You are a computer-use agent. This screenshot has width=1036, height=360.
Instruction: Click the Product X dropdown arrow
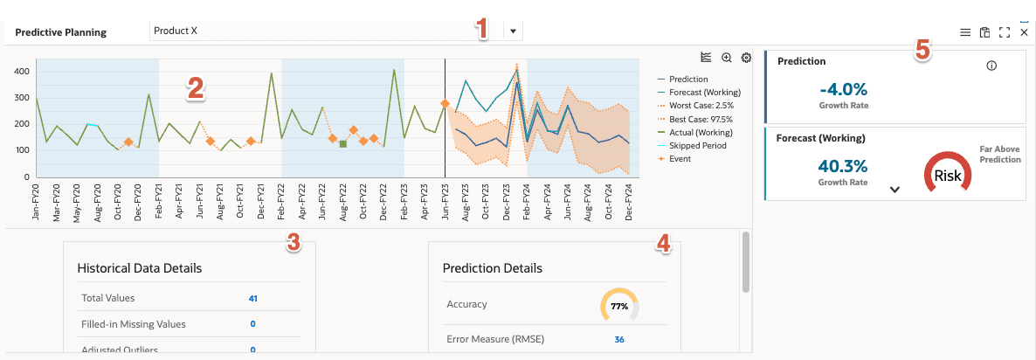pos(513,31)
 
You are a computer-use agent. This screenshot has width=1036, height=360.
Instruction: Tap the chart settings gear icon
pos(746,58)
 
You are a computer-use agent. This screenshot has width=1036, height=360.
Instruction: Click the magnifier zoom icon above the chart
pos(727,58)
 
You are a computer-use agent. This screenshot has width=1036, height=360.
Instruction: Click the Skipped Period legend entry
pos(698,145)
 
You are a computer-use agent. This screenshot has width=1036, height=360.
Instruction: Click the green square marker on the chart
pos(342,143)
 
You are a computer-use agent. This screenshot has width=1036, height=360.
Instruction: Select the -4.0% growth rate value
pos(843,88)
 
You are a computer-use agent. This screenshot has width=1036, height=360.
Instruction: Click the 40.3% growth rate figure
pos(843,166)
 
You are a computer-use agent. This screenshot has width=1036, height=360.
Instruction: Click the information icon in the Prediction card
pos(991,66)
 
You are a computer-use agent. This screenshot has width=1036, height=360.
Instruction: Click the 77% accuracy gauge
pos(619,306)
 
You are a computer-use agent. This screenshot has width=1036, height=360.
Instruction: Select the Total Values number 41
pos(252,298)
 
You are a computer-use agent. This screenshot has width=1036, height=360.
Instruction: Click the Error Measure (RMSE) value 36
pos(619,339)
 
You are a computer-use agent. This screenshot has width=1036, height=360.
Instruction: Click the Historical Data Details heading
pos(140,268)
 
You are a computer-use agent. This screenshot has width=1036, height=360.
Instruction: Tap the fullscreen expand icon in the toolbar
pos(1005,32)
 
